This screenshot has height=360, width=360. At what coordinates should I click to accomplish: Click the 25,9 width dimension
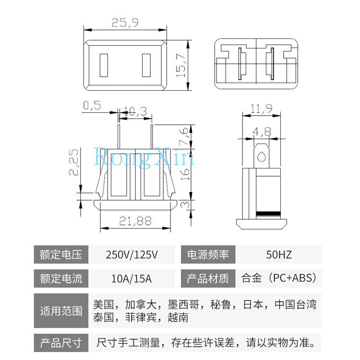126,22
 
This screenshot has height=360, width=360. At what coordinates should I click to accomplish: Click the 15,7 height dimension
180,66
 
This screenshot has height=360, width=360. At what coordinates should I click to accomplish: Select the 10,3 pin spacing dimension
135,110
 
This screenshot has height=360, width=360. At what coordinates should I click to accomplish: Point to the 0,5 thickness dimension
92,106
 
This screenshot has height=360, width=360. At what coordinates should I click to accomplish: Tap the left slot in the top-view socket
104,66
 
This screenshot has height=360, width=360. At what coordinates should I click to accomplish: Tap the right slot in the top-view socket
147,66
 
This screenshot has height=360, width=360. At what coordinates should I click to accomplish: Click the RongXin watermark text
144,157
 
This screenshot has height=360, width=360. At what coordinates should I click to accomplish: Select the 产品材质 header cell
208,278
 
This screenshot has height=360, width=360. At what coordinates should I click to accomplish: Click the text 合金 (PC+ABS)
279,278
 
